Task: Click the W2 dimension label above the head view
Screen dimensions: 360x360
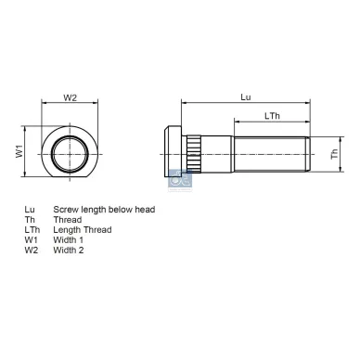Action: (69, 96)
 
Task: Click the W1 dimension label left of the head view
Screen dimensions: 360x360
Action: (19, 149)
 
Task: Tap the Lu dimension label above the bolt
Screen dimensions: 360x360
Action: (245, 96)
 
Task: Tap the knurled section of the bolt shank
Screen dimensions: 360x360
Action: (197, 150)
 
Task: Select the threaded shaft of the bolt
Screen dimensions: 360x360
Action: (269, 150)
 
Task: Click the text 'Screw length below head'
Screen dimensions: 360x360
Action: (104, 210)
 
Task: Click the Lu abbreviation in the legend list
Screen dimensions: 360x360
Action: (29, 210)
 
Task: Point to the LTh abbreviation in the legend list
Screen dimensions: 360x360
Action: (32, 230)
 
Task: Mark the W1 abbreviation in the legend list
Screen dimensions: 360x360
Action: (31, 240)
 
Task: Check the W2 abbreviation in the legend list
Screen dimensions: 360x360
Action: (31, 251)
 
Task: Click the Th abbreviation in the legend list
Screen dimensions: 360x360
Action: (29, 220)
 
